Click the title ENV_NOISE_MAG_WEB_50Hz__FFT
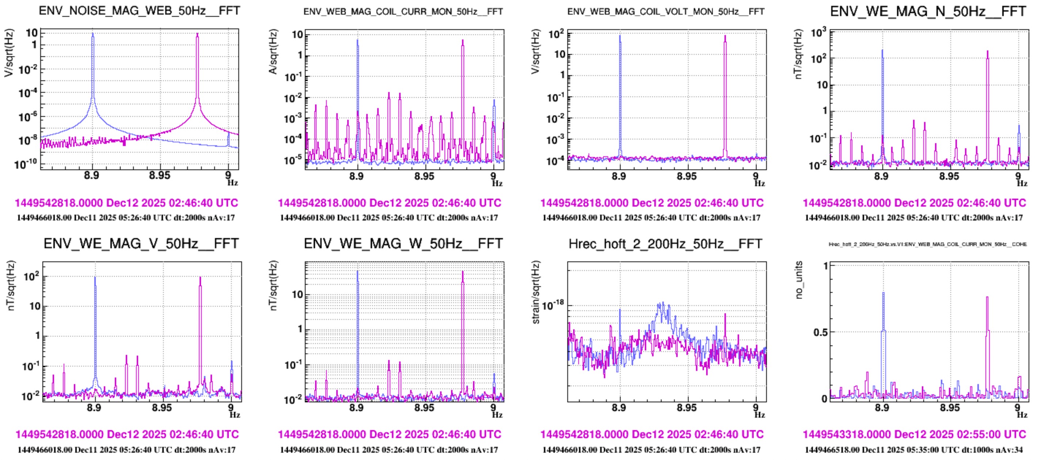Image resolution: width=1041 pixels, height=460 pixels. (139, 11)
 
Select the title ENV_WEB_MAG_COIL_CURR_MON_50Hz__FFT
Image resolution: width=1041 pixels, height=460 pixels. (403, 12)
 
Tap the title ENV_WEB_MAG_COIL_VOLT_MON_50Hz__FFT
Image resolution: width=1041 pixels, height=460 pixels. (666, 12)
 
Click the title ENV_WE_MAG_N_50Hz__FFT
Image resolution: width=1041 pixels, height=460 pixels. (928, 11)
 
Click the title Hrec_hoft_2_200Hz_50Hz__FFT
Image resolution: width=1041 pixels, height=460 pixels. (665, 244)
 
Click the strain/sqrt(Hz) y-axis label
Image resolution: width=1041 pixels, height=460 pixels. (536, 292)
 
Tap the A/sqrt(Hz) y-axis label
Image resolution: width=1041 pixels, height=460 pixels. (273, 51)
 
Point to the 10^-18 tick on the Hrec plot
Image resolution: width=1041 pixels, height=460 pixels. (552, 306)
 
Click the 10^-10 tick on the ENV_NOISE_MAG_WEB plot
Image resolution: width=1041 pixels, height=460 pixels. (26, 164)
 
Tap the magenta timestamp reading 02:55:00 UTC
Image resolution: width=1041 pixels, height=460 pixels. (914, 434)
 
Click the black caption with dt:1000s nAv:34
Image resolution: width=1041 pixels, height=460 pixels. (914, 449)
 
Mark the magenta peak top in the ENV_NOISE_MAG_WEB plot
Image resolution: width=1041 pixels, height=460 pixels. (197, 34)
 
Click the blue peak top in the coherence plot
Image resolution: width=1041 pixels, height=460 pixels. (883, 293)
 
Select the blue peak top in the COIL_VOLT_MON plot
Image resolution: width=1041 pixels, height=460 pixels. (620, 36)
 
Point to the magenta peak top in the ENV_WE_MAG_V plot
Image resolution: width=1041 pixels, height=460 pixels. (200, 277)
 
